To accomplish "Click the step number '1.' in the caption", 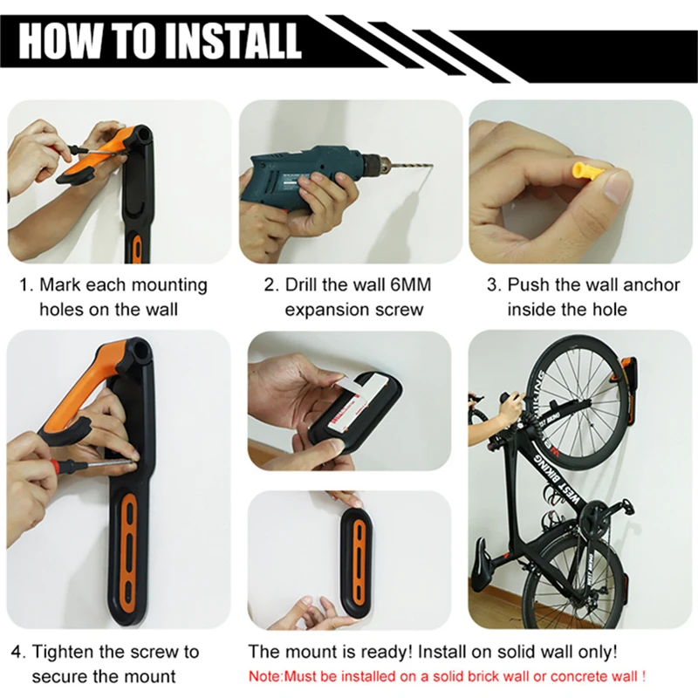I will click(x=26, y=285).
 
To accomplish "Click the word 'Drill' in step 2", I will click(x=307, y=285).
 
